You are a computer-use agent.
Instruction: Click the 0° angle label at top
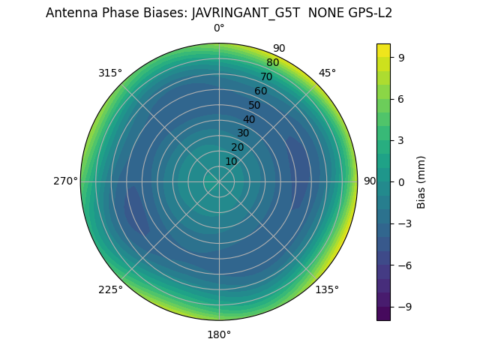tap(219, 28)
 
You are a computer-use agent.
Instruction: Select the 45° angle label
tap(327, 73)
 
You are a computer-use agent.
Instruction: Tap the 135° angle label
tap(327, 289)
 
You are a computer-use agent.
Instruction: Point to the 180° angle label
tap(219, 334)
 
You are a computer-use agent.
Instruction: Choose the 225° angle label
tap(110, 289)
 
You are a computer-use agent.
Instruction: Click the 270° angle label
tap(65, 181)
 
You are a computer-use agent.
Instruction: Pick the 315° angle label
tap(110, 73)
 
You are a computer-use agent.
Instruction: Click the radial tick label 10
tap(231, 161)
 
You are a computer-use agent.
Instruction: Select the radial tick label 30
tap(243, 133)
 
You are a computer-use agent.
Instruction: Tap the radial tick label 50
tap(254, 106)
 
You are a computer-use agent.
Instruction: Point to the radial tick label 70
tap(266, 77)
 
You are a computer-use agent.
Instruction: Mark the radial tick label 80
tap(272, 63)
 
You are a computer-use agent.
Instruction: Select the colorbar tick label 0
tap(401, 181)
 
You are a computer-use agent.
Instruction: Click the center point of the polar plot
tap(219, 181)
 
